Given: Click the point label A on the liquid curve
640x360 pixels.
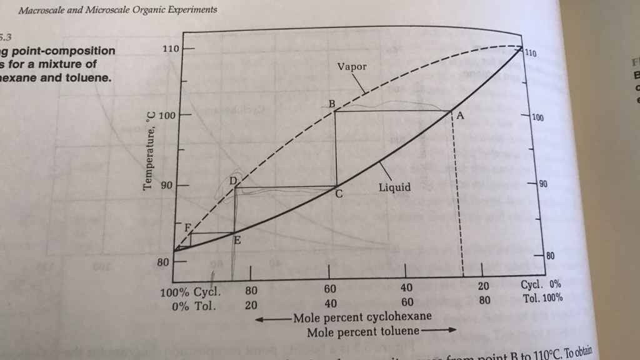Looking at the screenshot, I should [x=461, y=116].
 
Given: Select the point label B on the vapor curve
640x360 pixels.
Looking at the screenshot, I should [x=332, y=103].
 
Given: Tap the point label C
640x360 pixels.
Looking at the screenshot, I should [x=339, y=194].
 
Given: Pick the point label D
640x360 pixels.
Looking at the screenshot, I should [x=234, y=181].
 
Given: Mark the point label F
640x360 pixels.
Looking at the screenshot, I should [x=186, y=227].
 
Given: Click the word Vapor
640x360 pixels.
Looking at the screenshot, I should [x=352, y=66].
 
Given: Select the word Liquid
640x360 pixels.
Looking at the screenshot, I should [x=394, y=187].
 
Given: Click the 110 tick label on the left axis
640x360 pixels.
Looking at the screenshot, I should [x=171, y=49].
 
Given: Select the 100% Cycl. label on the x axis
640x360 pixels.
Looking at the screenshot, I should [x=191, y=292].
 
